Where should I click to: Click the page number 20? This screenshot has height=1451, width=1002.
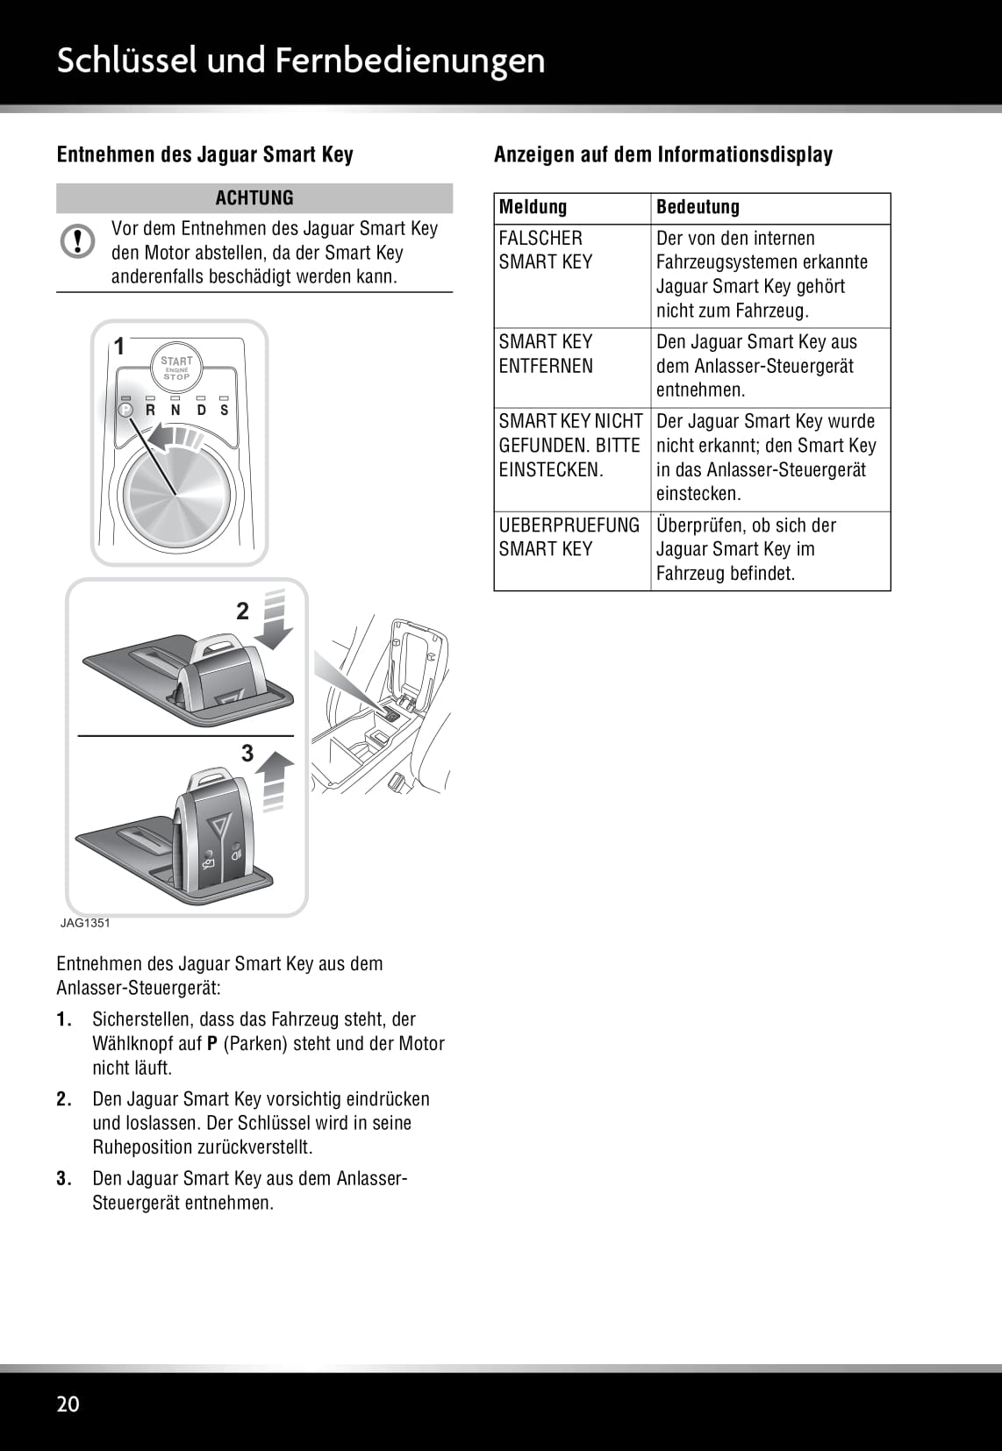click(68, 1404)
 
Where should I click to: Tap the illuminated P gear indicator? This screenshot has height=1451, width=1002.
click(125, 410)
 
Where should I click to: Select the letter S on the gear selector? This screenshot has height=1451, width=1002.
click(225, 410)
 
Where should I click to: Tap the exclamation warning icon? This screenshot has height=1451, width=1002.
click(78, 241)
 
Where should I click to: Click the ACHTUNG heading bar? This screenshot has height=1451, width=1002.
click(254, 198)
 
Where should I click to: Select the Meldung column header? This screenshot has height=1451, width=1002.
click(533, 208)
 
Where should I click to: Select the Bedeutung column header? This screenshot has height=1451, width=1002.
click(698, 208)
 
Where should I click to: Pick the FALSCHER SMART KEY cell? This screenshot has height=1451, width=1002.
click(546, 250)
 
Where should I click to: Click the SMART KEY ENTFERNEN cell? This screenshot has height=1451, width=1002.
click(546, 354)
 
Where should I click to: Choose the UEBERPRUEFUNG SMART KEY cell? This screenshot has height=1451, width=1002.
click(569, 537)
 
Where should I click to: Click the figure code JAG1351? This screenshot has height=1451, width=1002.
click(85, 923)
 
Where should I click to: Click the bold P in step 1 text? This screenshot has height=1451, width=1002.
click(211, 1044)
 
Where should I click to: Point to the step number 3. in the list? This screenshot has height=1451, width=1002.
click(64, 1178)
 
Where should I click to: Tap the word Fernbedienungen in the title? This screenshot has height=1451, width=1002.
click(410, 60)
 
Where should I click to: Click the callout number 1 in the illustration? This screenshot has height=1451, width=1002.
click(120, 347)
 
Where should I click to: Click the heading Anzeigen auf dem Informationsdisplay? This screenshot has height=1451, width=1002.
click(663, 155)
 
